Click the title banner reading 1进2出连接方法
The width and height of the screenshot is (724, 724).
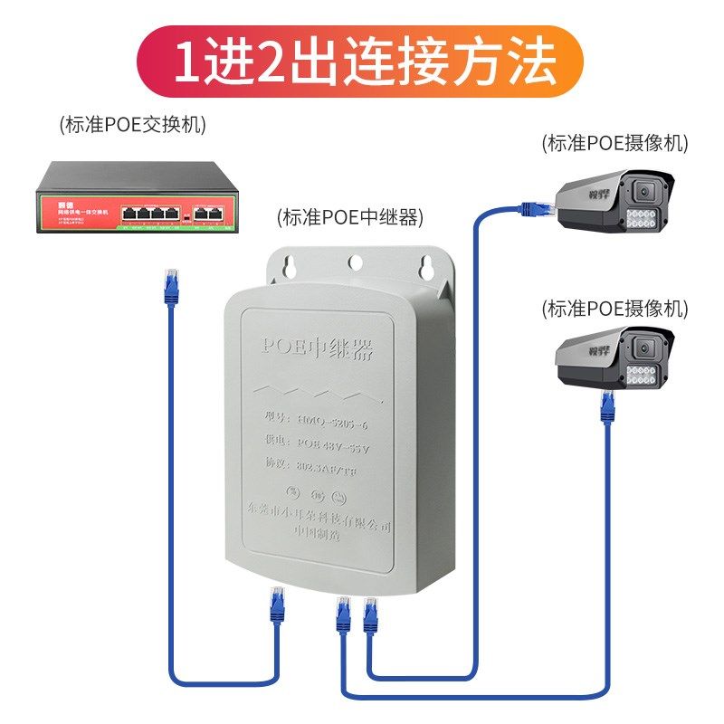[x=362, y=61]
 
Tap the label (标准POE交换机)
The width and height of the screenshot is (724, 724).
[x=132, y=125]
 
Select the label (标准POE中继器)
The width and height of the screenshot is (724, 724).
[x=349, y=218]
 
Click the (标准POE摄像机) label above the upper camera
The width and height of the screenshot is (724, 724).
[x=614, y=142]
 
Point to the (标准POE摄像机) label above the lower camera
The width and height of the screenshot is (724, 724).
[x=614, y=308]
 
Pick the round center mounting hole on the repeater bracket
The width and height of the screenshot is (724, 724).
[x=355, y=262]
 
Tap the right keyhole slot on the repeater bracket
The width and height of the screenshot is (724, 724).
[x=421, y=266]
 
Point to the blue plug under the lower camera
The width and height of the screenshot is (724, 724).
[x=608, y=406]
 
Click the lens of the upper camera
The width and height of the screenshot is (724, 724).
[x=644, y=192]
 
